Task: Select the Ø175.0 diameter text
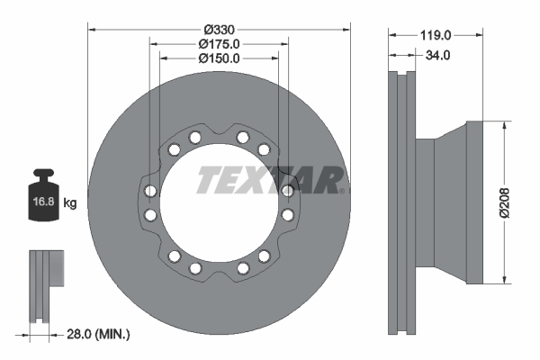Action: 218,43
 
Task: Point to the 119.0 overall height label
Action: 436,35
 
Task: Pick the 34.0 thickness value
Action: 436,55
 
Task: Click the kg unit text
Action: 71,203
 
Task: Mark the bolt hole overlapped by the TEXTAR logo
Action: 287,190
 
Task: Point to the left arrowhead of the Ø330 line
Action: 91,29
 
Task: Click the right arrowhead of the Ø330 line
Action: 346,29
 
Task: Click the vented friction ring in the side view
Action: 400,200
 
